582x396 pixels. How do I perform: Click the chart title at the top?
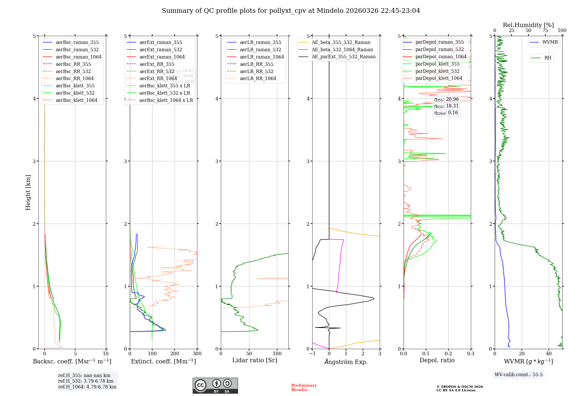point(291,11)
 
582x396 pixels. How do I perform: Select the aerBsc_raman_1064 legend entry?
point(79,57)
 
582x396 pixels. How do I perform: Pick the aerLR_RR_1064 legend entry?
point(258,78)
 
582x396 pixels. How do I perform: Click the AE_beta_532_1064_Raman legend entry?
point(342,49)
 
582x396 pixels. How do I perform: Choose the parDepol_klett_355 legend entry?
point(437,64)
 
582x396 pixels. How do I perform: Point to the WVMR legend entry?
point(550,42)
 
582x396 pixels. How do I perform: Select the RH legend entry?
point(548,58)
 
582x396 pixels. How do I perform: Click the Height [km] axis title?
point(28,192)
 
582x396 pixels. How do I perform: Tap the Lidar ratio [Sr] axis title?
point(255,360)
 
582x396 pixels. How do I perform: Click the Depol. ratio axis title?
point(437,360)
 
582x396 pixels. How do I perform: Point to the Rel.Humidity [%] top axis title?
point(528,25)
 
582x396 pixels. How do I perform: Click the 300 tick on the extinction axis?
point(197,354)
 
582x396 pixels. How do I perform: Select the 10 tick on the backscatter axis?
point(106,354)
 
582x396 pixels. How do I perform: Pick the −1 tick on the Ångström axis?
point(312,354)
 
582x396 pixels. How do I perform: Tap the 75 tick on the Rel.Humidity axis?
point(545,31)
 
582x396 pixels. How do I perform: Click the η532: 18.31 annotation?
point(446,106)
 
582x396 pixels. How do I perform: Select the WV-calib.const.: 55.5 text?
point(519,375)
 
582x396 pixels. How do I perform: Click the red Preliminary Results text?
point(304,388)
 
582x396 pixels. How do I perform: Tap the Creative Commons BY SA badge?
point(215,386)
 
